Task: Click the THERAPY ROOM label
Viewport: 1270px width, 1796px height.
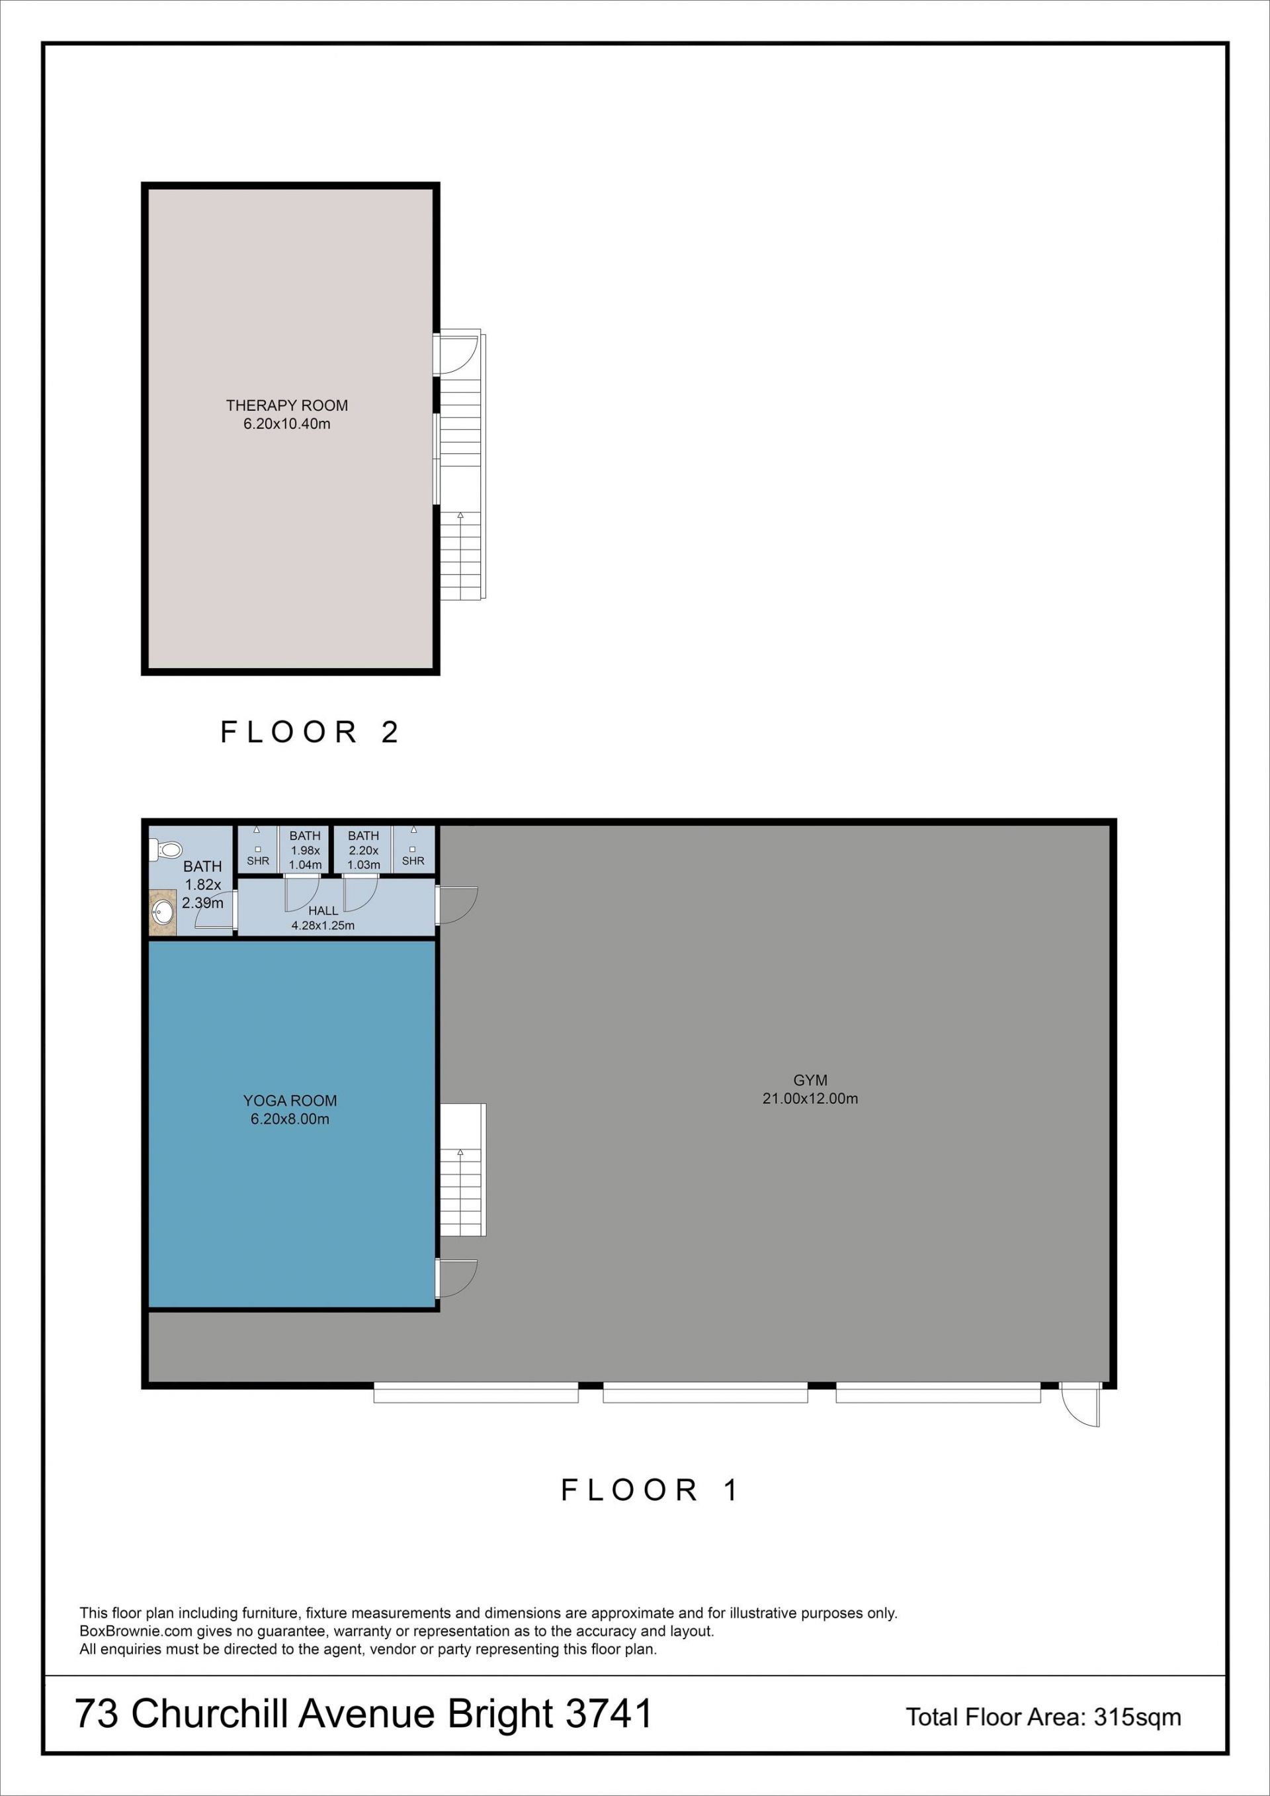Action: tap(287, 406)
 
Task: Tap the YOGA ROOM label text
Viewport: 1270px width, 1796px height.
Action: tap(290, 1100)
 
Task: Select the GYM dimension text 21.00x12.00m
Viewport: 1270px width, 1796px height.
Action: tap(810, 1098)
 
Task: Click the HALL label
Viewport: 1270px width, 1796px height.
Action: tap(323, 910)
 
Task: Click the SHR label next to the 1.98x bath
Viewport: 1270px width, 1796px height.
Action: tap(258, 861)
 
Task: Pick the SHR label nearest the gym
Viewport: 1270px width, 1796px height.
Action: tap(413, 861)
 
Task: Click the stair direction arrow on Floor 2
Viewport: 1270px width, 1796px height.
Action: tap(460, 515)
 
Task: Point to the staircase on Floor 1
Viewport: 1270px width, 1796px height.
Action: tap(463, 1170)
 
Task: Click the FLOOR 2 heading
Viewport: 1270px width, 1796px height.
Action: tap(310, 732)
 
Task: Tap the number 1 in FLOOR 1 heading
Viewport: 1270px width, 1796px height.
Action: tap(731, 1490)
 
